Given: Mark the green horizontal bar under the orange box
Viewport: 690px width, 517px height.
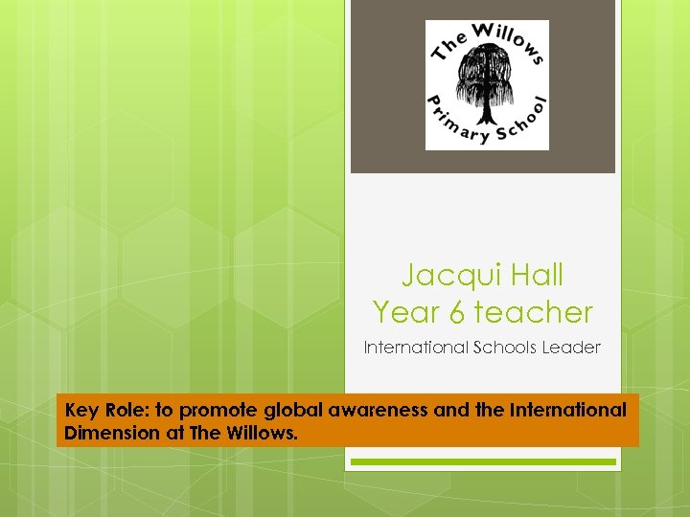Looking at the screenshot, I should [483, 461].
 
